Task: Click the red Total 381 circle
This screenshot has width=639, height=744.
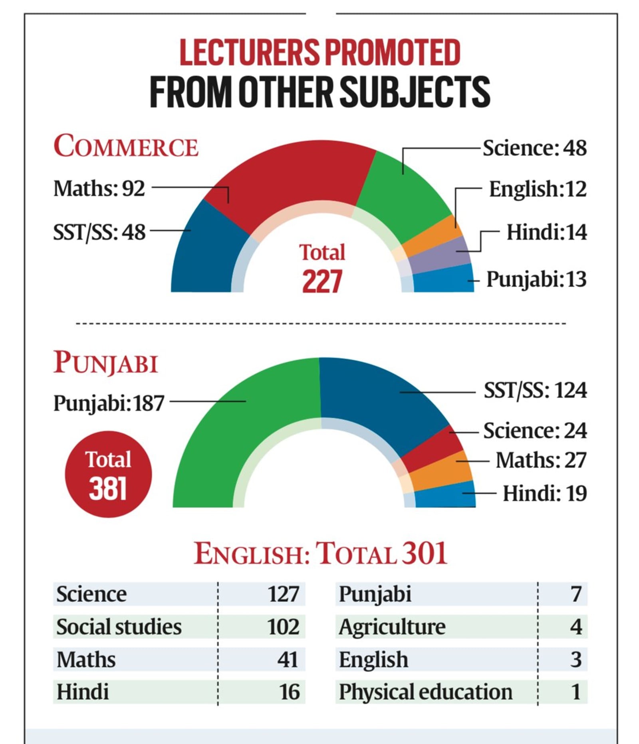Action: [x=108, y=474]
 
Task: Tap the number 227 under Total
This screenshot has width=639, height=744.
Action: [x=322, y=281]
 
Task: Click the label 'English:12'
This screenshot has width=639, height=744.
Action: [x=538, y=189]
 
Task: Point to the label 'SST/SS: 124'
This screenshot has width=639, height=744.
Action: [x=535, y=390]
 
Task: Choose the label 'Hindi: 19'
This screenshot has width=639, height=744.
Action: [x=544, y=493]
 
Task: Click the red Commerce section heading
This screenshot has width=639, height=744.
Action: [x=126, y=146]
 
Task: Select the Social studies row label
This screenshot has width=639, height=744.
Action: [x=119, y=627]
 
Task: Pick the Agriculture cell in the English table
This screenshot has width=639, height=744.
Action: [x=392, y=627]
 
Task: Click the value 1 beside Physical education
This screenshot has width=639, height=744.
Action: [x=575, y=692]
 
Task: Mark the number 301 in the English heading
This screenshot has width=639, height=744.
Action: [x=424, y=554]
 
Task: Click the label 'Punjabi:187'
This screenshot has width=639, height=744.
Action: [x=109, y=403]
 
